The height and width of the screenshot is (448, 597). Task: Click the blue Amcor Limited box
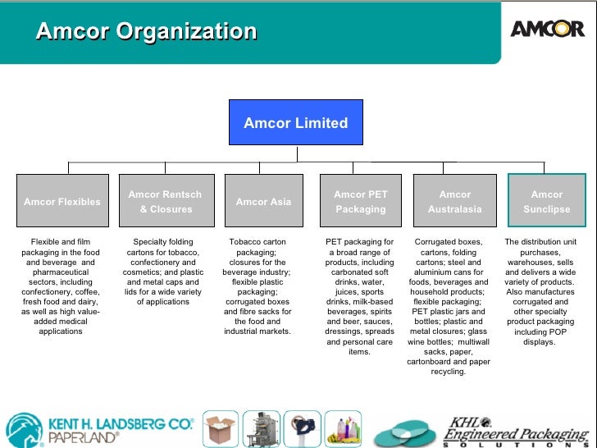tap(296, 123)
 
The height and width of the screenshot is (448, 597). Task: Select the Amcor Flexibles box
tap(62, 201)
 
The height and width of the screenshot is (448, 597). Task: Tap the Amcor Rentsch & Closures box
tap(165, 201)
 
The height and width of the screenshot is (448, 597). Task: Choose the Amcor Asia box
tap(263, 201)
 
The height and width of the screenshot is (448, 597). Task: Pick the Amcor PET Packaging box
tap(360, 201)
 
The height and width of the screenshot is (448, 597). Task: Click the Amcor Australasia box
tap(455, 201)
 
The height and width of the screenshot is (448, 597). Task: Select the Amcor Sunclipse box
tap(547, 201)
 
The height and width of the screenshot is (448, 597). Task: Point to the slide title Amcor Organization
tap(147, 32)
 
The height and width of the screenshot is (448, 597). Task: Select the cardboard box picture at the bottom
tap(221, 429)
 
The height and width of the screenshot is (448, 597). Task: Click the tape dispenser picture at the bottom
tap(305, 428)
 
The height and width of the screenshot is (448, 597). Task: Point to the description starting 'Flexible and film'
tap(61, 286)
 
